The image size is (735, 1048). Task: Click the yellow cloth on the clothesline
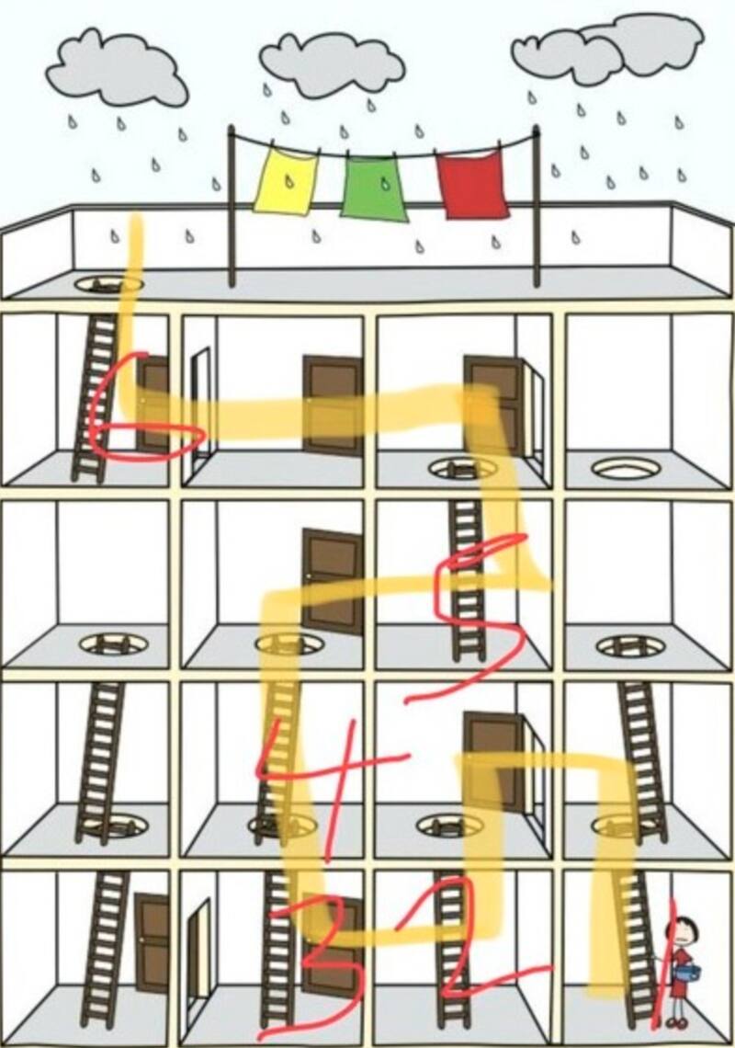click(x=285, y=182)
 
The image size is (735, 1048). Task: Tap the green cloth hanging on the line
click(x=375, y=188)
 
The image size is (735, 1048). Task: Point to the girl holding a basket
click(x=681, y=970)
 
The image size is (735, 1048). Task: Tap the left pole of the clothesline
click(x=232, y=207)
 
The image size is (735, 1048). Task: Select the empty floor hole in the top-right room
click(x=626, y=468)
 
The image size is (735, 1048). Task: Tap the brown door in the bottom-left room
click(x=153, y=942)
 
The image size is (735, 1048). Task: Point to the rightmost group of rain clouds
click(x=606, y=46)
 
